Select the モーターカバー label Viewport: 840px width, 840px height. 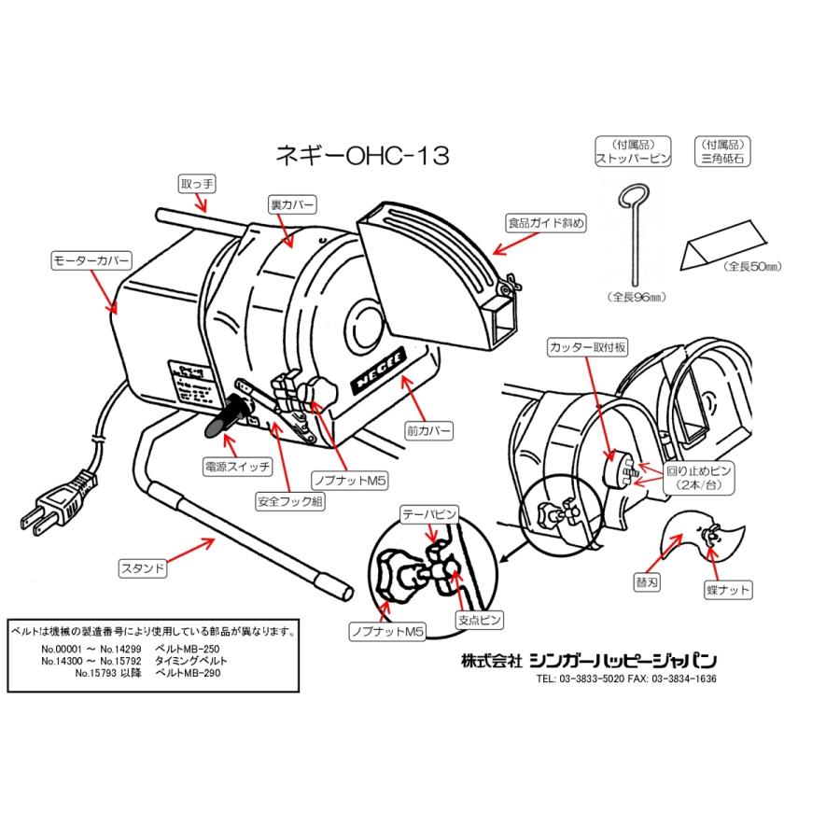pos(91,260)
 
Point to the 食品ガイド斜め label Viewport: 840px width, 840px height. pos(546,223)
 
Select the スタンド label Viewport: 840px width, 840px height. pos(142,567)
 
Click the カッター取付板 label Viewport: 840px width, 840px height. pos(588,347)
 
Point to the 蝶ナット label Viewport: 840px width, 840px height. pos(728,590)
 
